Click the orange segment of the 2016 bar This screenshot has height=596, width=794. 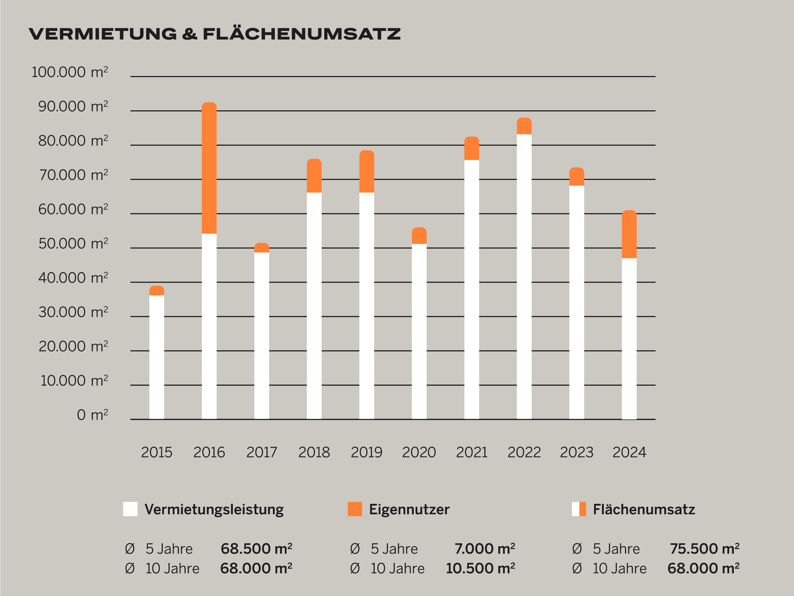coord(209,168)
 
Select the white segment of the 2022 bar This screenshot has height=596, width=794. coord(524,276)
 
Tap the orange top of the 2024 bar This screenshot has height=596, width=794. coord(629,234)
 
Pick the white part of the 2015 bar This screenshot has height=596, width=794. coord(157,357)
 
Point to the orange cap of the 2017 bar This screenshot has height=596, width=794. coord(262,248)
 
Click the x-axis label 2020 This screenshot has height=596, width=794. coord(419,452)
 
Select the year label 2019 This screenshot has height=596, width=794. coord(367,452)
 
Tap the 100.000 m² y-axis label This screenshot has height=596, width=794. coord(70,72)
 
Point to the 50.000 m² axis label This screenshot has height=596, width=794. coord(73,244)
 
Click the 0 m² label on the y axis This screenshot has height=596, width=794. coord(92,415)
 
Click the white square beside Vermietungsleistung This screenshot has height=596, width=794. coord(130,509)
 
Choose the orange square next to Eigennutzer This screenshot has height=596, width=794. coord(354,509)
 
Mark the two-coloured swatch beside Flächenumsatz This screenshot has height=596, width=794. coord(579,509)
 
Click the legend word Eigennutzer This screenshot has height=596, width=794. coord(409,510)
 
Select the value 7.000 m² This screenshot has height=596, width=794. coord(485,549)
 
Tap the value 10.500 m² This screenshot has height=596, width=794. coord(480,568)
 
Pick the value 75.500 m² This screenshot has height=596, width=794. coord(704,549)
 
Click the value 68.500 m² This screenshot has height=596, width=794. coord(256,549)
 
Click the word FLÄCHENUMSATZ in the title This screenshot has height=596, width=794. coord(301,34)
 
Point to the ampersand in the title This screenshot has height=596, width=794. coord(190,34)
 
